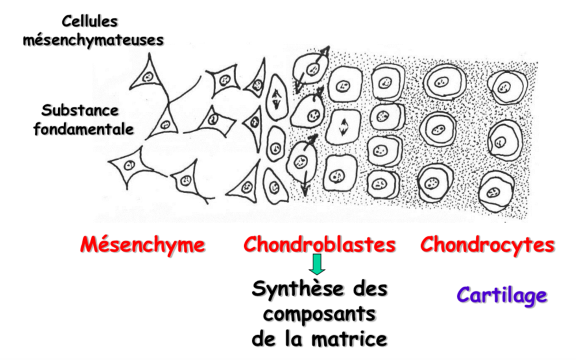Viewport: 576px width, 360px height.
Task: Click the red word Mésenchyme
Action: click(x=142, y=245)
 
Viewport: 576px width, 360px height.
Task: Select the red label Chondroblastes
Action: click(x=319, y=245)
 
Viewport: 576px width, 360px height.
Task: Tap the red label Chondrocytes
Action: click(x=487, y=245)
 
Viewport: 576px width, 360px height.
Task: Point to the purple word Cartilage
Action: click(x=502, y=295)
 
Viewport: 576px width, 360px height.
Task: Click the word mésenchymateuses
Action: click(x=94, y=40)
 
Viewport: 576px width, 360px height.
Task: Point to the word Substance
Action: click(x=80, y=109)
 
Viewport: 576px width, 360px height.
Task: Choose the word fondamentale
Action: click(x=84, y=128)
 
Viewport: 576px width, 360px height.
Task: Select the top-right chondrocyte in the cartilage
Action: click(x=505, y=87)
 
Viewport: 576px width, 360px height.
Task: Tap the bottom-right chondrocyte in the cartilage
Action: click(x=494, y=191)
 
